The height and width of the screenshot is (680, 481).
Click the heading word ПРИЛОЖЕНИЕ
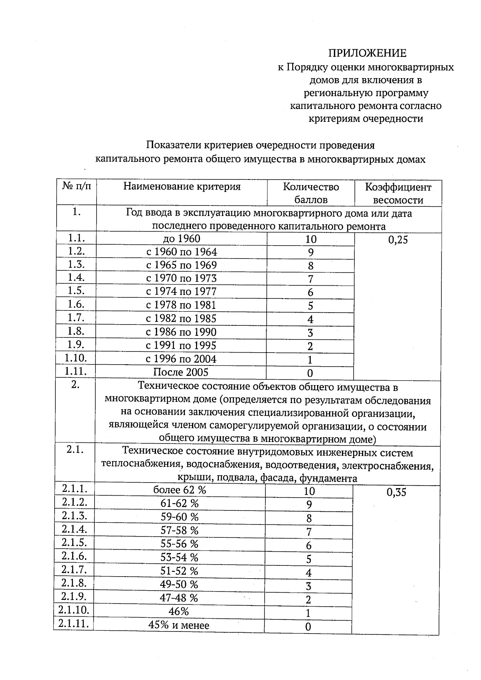pyautogui.click(x=367, y=53)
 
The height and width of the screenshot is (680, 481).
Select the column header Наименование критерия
pyautogui.click(x=182, y=187)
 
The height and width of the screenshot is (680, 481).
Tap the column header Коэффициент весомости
pyautogui.click(x=398, y=193)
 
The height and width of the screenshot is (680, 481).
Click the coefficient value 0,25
pyautogui.click(x=398, y=240)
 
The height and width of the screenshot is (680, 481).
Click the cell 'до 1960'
pyautogui.click(x=182, y=239)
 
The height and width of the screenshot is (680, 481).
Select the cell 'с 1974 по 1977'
pyautogui.click(x=181, y=292)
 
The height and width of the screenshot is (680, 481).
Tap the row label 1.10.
pyautogui.click(x=76, y=358)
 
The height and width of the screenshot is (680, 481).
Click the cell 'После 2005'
pyautogui.click(x=181, y=372)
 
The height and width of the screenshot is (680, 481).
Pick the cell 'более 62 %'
pyautogui.click(x=180, y=490)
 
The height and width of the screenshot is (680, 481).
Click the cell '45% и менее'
pyautogui.click(x=179, y=625)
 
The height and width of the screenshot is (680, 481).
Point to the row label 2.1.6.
pyautogui.click(x=75, y=556)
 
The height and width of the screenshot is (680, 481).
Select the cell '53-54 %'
pyautogui.click(x=180, y=557)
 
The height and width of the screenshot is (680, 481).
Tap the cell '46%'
pyautogui.click(x=179, y=611)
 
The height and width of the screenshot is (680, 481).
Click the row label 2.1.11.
pyautogui.click(x=73, y=624)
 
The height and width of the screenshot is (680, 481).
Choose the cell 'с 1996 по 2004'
pyautogui.click(x=181, y=359)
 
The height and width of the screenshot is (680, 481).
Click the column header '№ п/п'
pyautogui.click(x=77, y=186)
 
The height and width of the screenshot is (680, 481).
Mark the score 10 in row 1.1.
pyautogui.click(x=311, y=240)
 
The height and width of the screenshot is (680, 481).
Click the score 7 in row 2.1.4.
pyautogui.click(x=309, y=532)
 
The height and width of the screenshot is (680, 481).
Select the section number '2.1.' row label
pyautogui.click(x=75, y=450)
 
